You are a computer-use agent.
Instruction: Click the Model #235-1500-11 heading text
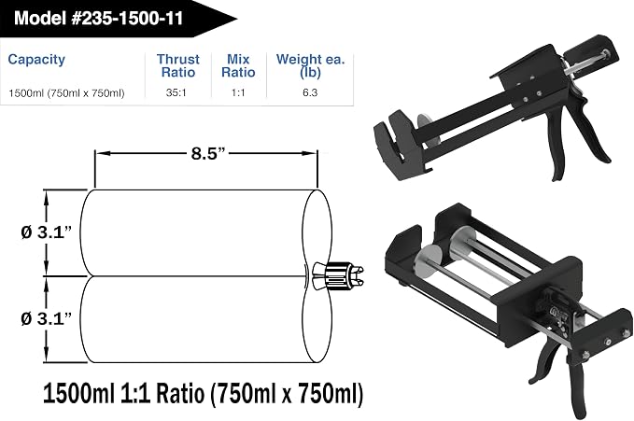[99, 18]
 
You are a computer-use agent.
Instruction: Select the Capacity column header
[36, 60]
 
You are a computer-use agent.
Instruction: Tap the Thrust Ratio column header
[178, 65]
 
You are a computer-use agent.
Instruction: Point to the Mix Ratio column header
[238, 65]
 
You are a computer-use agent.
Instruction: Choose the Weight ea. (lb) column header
[311, 65]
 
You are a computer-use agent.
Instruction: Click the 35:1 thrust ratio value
[176, 92]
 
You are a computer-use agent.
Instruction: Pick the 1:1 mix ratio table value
[238, 92]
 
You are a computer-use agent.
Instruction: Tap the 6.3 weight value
[310, 92]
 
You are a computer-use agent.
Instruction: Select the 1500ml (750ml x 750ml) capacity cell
[66, 93]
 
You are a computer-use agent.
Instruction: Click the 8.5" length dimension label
[207, 154]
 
